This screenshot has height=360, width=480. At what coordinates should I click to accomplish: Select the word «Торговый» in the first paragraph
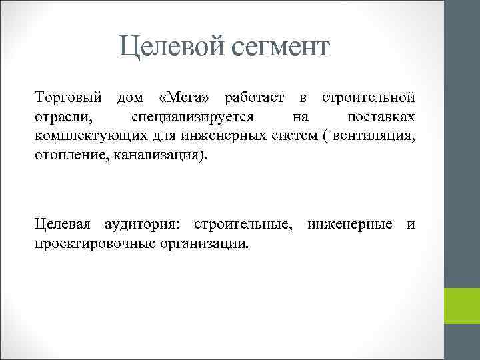(69, 99)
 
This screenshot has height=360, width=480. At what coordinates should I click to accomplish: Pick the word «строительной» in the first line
(369, 99)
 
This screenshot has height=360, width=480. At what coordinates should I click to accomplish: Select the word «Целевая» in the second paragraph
(63, 225)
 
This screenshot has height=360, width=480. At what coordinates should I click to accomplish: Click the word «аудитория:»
(139, 225)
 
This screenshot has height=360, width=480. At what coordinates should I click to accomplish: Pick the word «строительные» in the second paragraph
(243, 225)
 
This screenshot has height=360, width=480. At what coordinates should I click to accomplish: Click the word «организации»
(205, 244)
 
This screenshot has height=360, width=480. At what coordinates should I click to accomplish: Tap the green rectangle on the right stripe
(462, 306)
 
